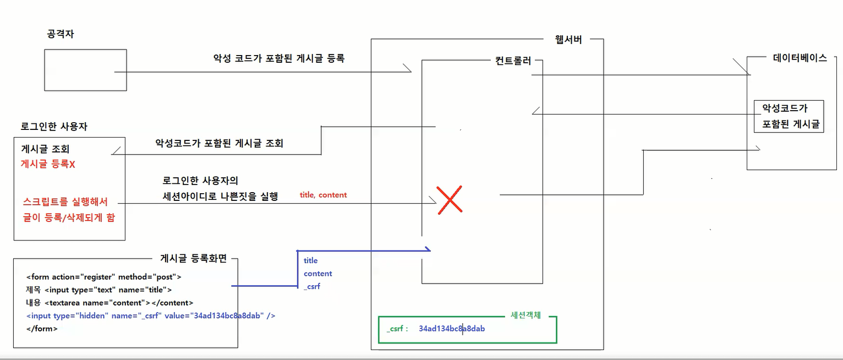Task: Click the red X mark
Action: tap(449, 199)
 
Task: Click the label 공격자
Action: tap(61, 34)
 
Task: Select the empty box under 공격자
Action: tap(85, 70)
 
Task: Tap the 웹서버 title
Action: tap(569, 40)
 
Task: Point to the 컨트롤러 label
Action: tap(513, 61)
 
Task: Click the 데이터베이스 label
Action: tap(800, 58)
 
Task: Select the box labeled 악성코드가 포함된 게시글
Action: tap(789, 116)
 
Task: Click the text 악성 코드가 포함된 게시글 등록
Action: tap(279, 58)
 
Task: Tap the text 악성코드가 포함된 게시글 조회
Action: tap(219, 143)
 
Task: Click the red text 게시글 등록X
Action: tap(47, 163)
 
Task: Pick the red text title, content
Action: tap(323, 195)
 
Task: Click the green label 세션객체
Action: tap(525, 315)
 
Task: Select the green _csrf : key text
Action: tap(397, 329)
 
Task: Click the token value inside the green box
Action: tap(451, 329)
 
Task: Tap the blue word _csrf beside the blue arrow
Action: tap(311, 286)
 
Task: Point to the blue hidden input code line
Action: tap(150, 315)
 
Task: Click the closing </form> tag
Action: tap(41, 329)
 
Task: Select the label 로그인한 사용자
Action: tap(54, 127)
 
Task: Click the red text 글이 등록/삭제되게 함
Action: tap(69, 217)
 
